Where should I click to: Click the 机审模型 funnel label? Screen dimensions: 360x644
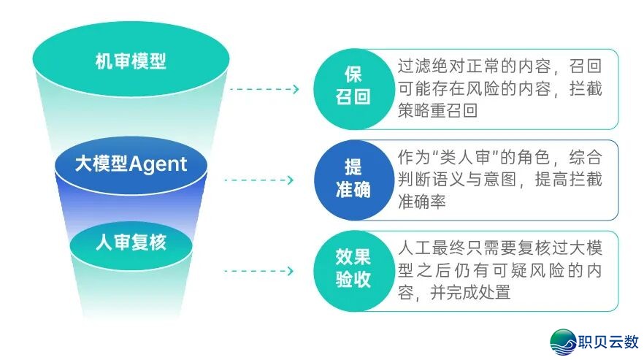click(x=131, y=61)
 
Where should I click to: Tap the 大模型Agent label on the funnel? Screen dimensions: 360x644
click(x=131, y=163)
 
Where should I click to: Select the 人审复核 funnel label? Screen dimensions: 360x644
click(x=131, y=242)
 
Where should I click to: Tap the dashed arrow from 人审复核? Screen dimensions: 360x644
click(x=258, y=272)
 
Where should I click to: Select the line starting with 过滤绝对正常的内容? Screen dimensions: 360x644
click(x=499, y=66)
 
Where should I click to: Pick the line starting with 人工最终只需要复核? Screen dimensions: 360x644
click(x=499, y=248)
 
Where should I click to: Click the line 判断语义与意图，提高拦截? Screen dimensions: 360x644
click(x=499, y=179)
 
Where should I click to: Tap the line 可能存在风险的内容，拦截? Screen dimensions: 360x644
click(x=499, y=88)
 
